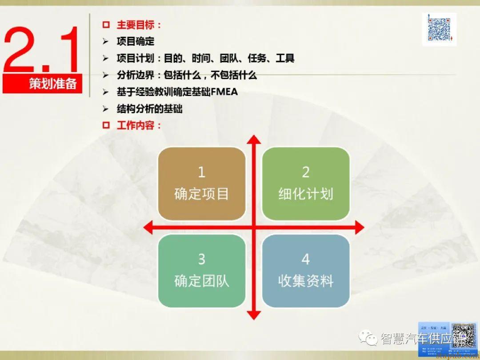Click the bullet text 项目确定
tap(136, 42)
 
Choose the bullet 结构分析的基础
tap(149, 109)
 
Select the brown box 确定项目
tap(202, 184)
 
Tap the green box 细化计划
tap(306, 184)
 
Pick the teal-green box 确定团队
tap(202, 271)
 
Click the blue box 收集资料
tap(306, 271)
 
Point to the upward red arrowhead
tap(254, 140)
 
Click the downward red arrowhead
tap(254, 314)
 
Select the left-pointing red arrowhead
tap(148, 228)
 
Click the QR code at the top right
tap(439, 29)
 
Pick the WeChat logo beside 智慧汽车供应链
tap(369, 339)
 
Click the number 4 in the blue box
tap(306, 259)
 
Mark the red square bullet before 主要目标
tap(106, 25)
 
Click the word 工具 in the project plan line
tap(285, 58)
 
